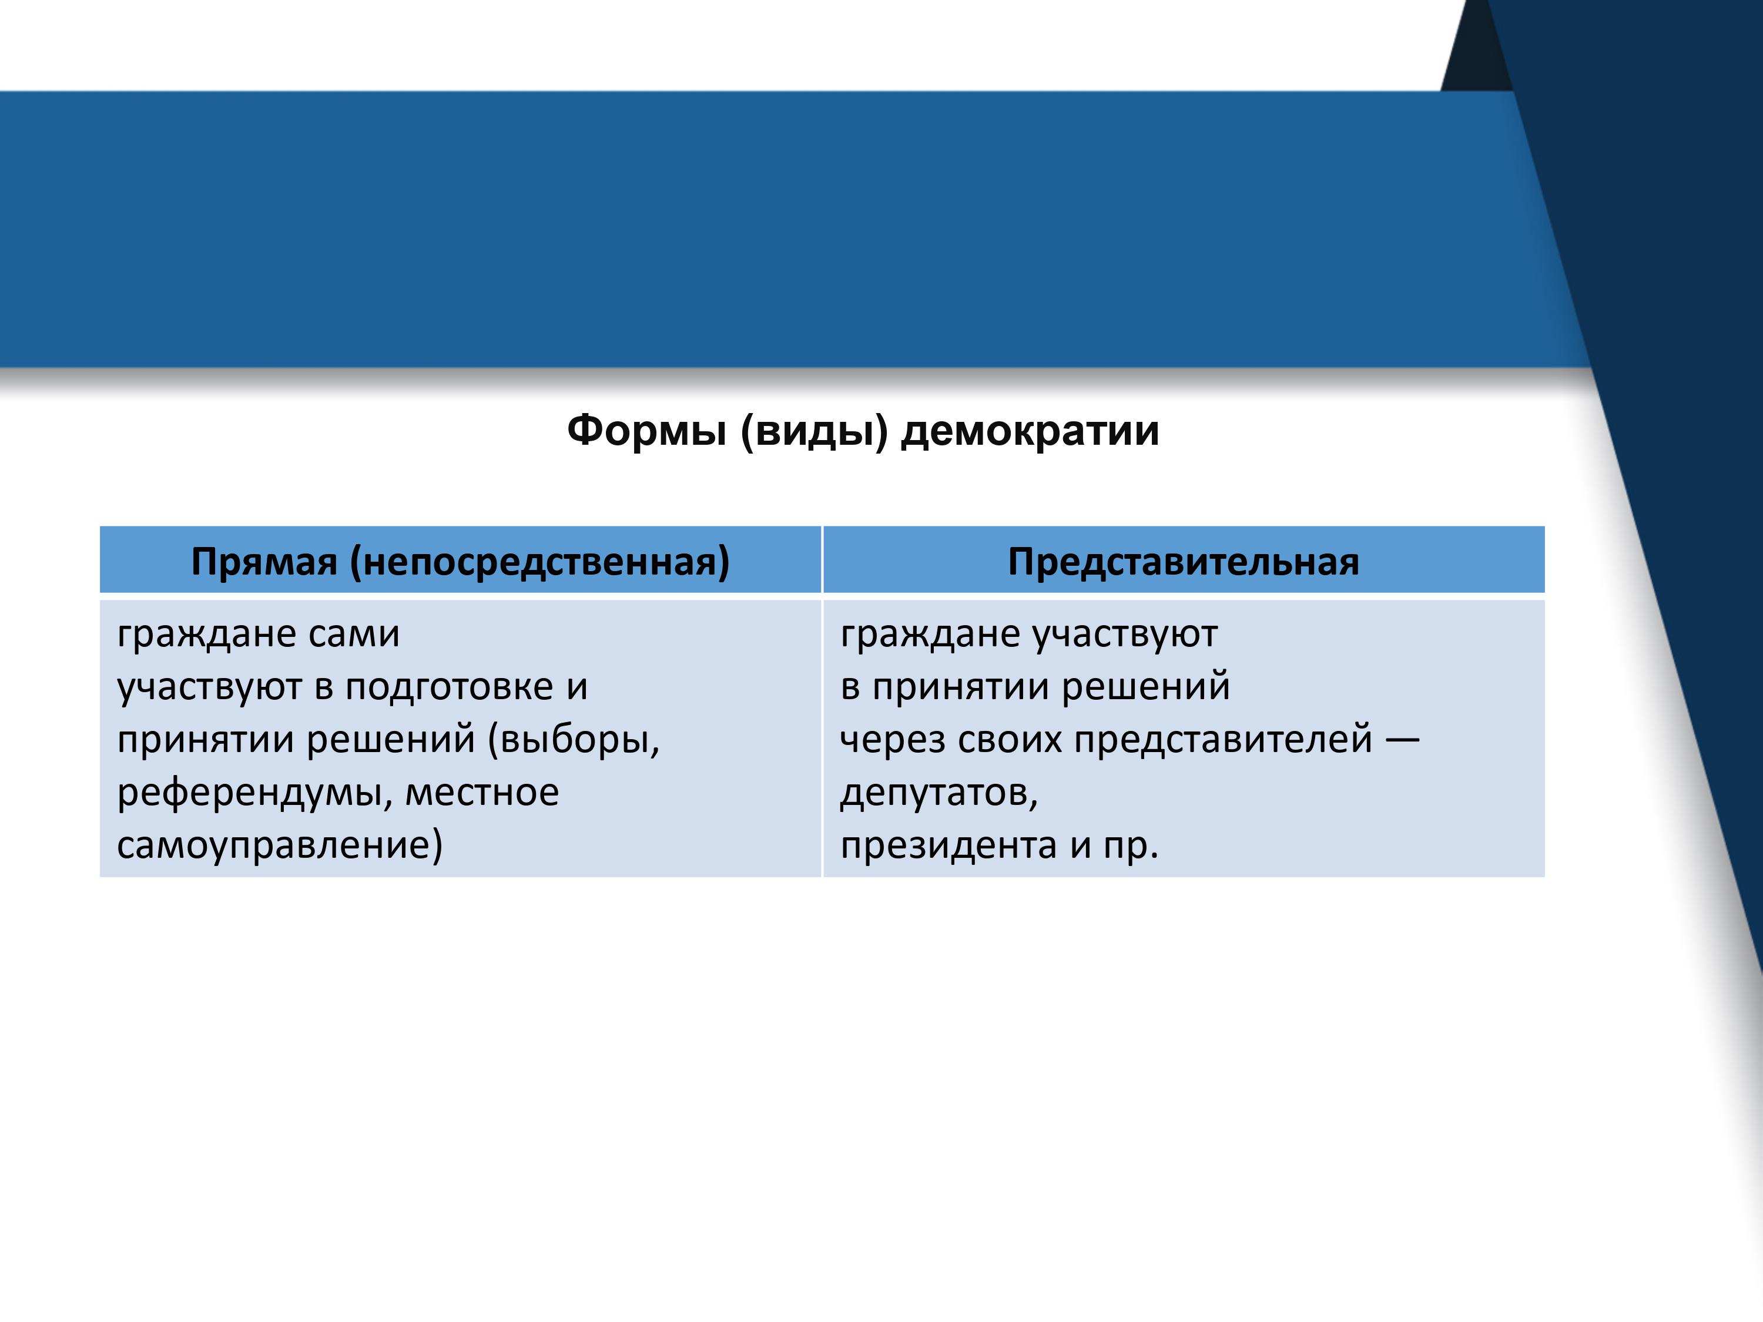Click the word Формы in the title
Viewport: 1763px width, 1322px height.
(x=646, y=431)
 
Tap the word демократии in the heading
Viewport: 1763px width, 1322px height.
(x=1030, y=432)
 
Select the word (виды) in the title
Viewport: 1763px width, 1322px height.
(x=814, y=432)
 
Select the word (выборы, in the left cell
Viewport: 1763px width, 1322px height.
(x=574, y=740)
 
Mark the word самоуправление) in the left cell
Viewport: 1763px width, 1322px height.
(x=280, y=846)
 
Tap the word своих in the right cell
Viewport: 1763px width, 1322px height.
(x=1009, y=740)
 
